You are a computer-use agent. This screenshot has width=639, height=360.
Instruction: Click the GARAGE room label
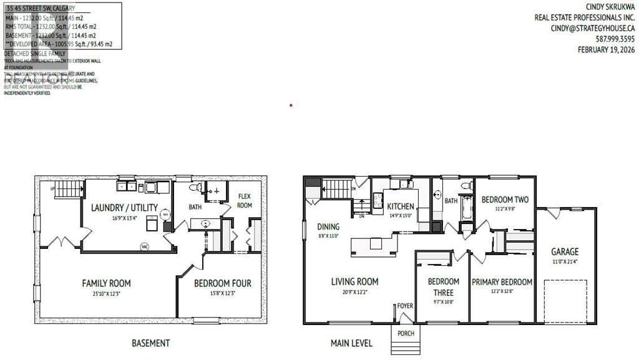point(564,251)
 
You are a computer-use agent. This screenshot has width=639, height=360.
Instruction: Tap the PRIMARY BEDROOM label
point(502,282)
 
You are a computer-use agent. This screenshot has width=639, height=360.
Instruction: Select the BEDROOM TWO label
point(505,200)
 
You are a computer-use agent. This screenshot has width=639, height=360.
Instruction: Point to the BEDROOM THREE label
point(443,287)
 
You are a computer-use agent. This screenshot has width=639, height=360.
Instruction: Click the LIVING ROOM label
point(354,281)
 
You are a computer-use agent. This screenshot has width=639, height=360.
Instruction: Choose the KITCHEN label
point(401,207)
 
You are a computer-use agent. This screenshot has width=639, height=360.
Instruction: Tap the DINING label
point(328,227)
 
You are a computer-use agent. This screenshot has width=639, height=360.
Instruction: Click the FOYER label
point(406,306)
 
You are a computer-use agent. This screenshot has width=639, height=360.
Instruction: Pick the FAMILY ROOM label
point(106,283)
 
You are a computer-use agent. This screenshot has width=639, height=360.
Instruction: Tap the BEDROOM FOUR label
point(222,283)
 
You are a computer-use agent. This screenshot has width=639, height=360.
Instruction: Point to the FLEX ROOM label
point(244,201)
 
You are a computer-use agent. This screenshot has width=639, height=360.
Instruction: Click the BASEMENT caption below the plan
point(150,343)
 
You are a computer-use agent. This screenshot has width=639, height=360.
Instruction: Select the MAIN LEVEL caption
point(351,343)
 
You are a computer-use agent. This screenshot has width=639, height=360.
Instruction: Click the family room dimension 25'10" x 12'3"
point(106,293)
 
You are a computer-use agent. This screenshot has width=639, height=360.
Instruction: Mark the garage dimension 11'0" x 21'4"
point(564,261)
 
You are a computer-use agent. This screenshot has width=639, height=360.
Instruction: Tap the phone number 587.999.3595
point(613,39)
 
